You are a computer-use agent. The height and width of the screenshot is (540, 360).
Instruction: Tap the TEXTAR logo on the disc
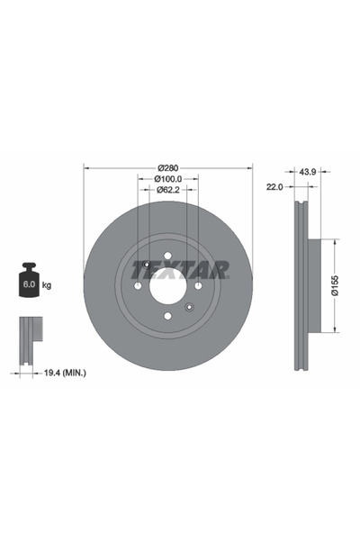point(186,268)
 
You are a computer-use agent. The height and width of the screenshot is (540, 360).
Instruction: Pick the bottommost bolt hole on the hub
point(168,317)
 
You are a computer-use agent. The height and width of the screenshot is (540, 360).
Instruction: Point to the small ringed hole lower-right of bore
point(189,308)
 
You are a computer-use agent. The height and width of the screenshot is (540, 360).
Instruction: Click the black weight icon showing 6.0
point(28,282)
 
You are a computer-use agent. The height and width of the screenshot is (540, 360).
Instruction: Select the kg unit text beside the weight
point(47,284)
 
